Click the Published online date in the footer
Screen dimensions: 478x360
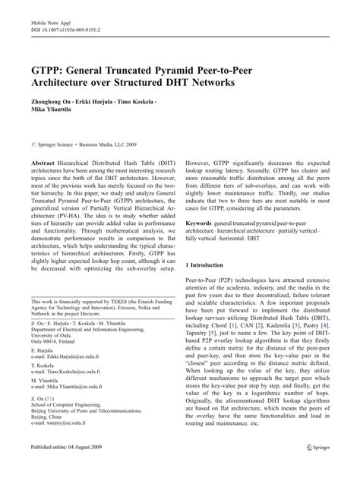click(68, 466)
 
